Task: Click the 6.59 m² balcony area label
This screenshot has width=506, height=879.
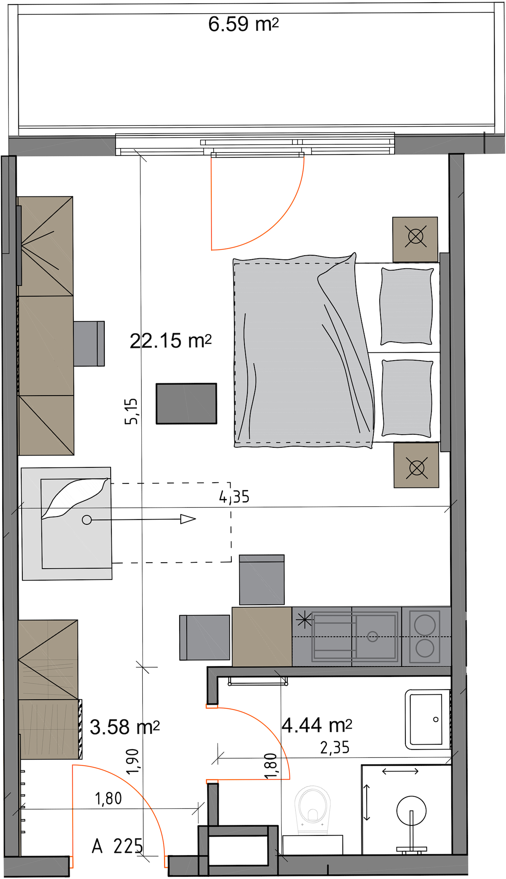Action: pyautogui.click(x=243, y=24)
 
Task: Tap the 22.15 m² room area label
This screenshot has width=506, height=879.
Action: pyautogui.click(x=171, y=341)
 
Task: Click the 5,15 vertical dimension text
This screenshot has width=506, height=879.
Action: pyautogui.click(x=131, y=411)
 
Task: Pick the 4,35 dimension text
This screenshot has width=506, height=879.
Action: pyautogui.click(x=234, y=497)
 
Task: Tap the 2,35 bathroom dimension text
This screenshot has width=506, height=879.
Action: pyautogui.click(x=335, y=748)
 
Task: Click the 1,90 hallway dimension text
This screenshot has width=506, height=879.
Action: pyautogui.click(x=132, y=761)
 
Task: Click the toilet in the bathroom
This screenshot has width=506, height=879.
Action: pyautogui.click(x=312, y=809)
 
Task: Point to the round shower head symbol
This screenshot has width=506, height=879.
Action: pyautogui.click(x=411, y=811)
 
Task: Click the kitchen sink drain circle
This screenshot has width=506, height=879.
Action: pyautogui.click(x=373, y=636)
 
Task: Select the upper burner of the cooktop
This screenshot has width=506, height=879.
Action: pyautogui.click(x=425, y=625)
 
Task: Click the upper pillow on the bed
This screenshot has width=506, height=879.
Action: pyautogui.click(x=407, y=306)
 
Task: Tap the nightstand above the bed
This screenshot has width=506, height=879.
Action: pyautogui.click(x=415, y=239)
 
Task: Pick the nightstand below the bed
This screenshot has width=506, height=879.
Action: pyautogui.click(x=416, y=465)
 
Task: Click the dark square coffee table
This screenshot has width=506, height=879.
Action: pyautogui.click(x=186, y=403)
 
